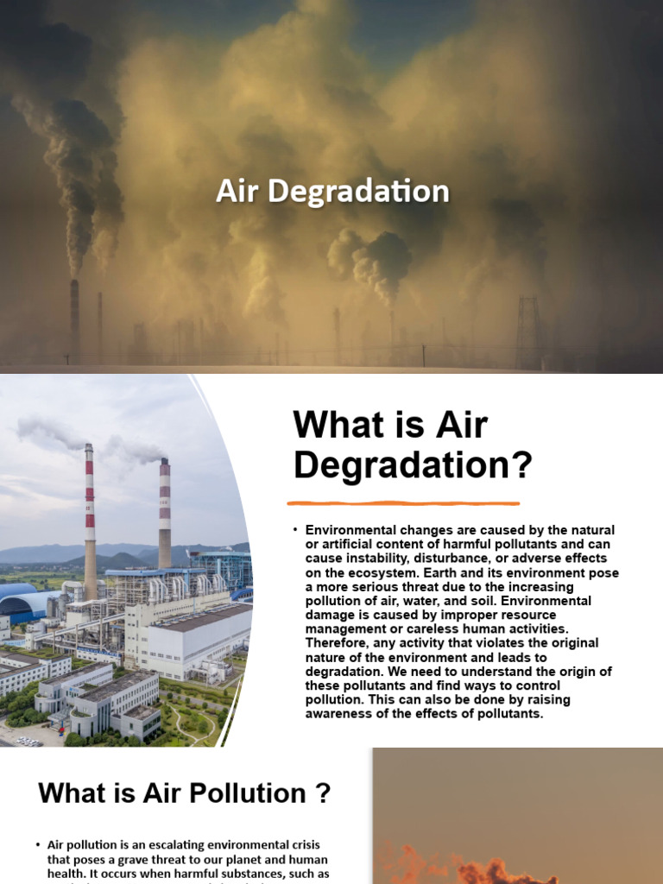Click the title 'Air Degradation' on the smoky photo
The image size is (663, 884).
(x=332, y=191)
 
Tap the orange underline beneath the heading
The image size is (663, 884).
(x=403, y=502)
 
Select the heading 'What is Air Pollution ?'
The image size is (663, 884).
(x=185, y=793)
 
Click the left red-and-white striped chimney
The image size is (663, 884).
(x=89, y=509)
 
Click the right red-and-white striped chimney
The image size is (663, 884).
(x=164, y=513)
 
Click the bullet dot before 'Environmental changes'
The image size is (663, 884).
(x=295, y=529)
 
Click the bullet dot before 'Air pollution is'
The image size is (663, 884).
(x=38, y=844)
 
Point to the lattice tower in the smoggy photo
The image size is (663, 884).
(x=527, y=331)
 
